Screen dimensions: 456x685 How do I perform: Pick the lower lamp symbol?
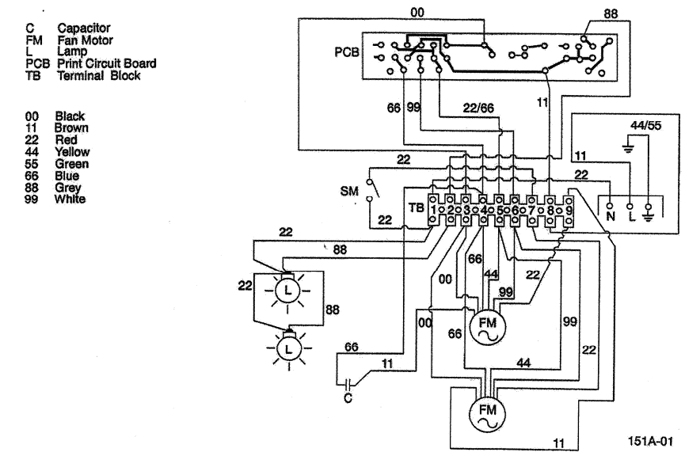(x=288, y=347)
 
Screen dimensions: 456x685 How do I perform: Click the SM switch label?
(x=348, y=192)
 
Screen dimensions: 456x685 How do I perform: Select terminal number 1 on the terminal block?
(x=433, y=210)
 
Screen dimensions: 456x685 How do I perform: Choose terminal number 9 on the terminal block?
(x=568, y=210)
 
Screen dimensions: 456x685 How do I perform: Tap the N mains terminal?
(x=611, y=214)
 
